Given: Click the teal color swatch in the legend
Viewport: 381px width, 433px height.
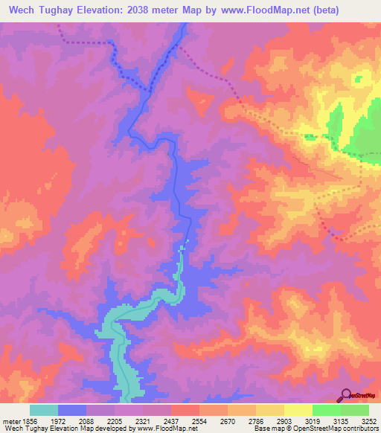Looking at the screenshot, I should point(44,410).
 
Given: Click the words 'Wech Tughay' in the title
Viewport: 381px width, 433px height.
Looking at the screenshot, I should point(39,10).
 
